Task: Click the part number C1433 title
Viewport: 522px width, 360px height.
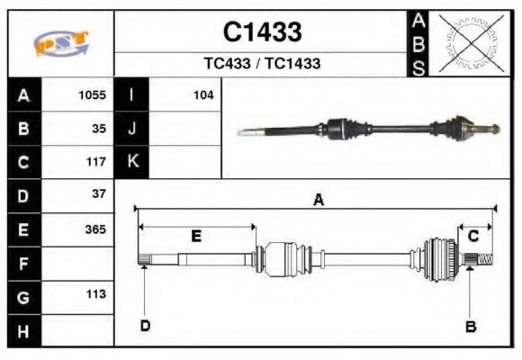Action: (262, 32)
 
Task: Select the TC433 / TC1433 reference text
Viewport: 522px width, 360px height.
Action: (262, 64)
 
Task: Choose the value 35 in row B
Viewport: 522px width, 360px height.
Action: (98, 128)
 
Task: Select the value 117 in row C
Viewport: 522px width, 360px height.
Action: (94, 161)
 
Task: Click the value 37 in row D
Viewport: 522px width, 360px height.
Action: (98, 194)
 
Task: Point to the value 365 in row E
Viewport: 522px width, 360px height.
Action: (94, 229)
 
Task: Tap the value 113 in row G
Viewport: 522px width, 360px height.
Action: (94, 294)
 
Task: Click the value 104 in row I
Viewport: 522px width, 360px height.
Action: (202, 94)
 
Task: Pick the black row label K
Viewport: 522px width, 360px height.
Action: (132, 161)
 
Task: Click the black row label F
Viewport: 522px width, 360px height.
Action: (23, 264)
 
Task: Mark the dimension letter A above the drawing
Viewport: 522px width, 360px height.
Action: (318, 201)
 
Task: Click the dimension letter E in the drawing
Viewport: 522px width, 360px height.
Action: (196, 237)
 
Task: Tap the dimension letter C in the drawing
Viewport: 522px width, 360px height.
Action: (472, 236)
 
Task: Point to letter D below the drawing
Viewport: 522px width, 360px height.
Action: (144, 325)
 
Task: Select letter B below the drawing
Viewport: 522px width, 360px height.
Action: (470, 326)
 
